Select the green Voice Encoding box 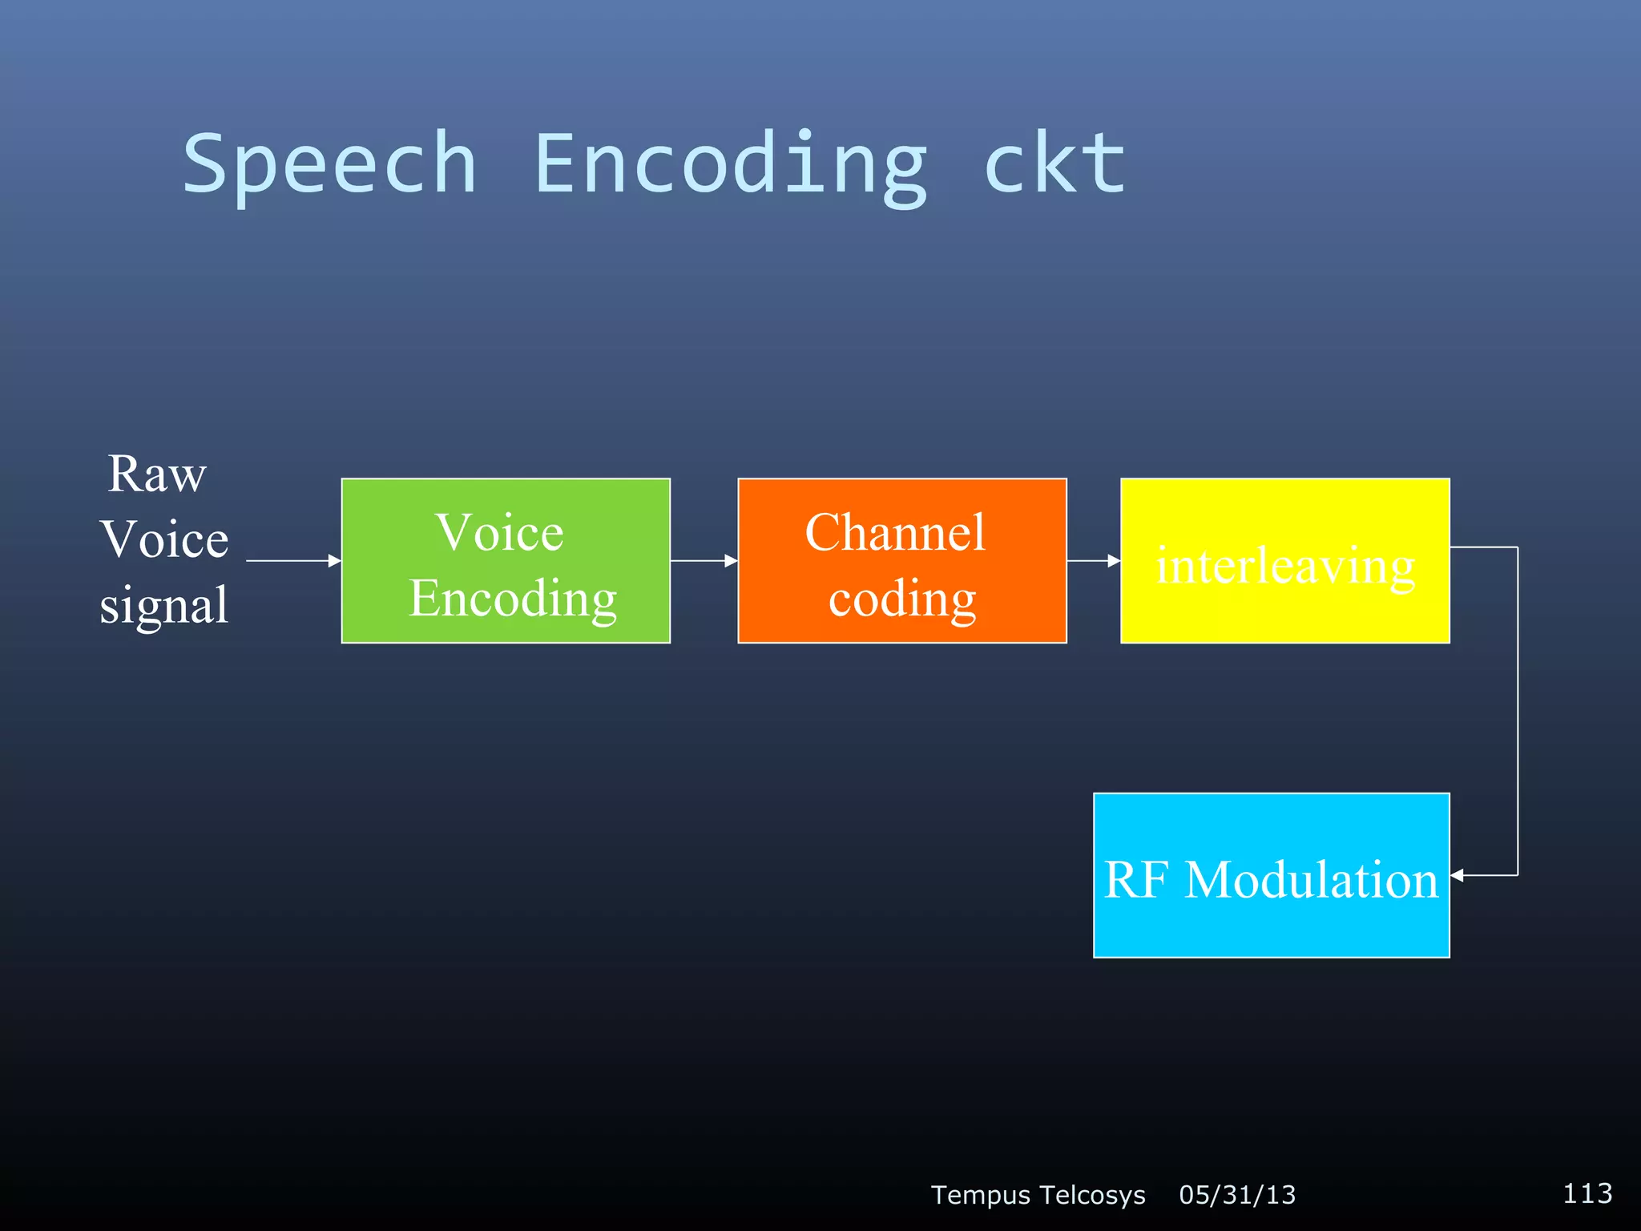[506, 560]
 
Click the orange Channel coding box [901, 560]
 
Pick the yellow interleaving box [1284, 560]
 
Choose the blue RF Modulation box [1271, 875]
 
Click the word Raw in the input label [157, 474]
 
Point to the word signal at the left [164, 604]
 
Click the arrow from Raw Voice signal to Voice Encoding [292, 561]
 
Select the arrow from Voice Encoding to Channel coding [703, 561]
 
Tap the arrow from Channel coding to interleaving [1093, 561]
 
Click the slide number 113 [1587, 1193]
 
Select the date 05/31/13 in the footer [1237, 1195]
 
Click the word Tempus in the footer [980, 1195]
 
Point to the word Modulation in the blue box [1311, 880]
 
